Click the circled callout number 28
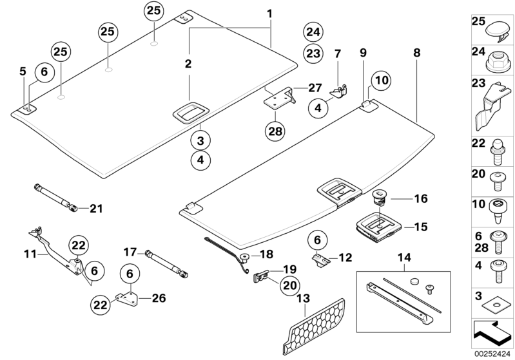(276, 131)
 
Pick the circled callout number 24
(313, 31)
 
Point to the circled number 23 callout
(313, 53)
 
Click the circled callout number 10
(381, 81)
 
